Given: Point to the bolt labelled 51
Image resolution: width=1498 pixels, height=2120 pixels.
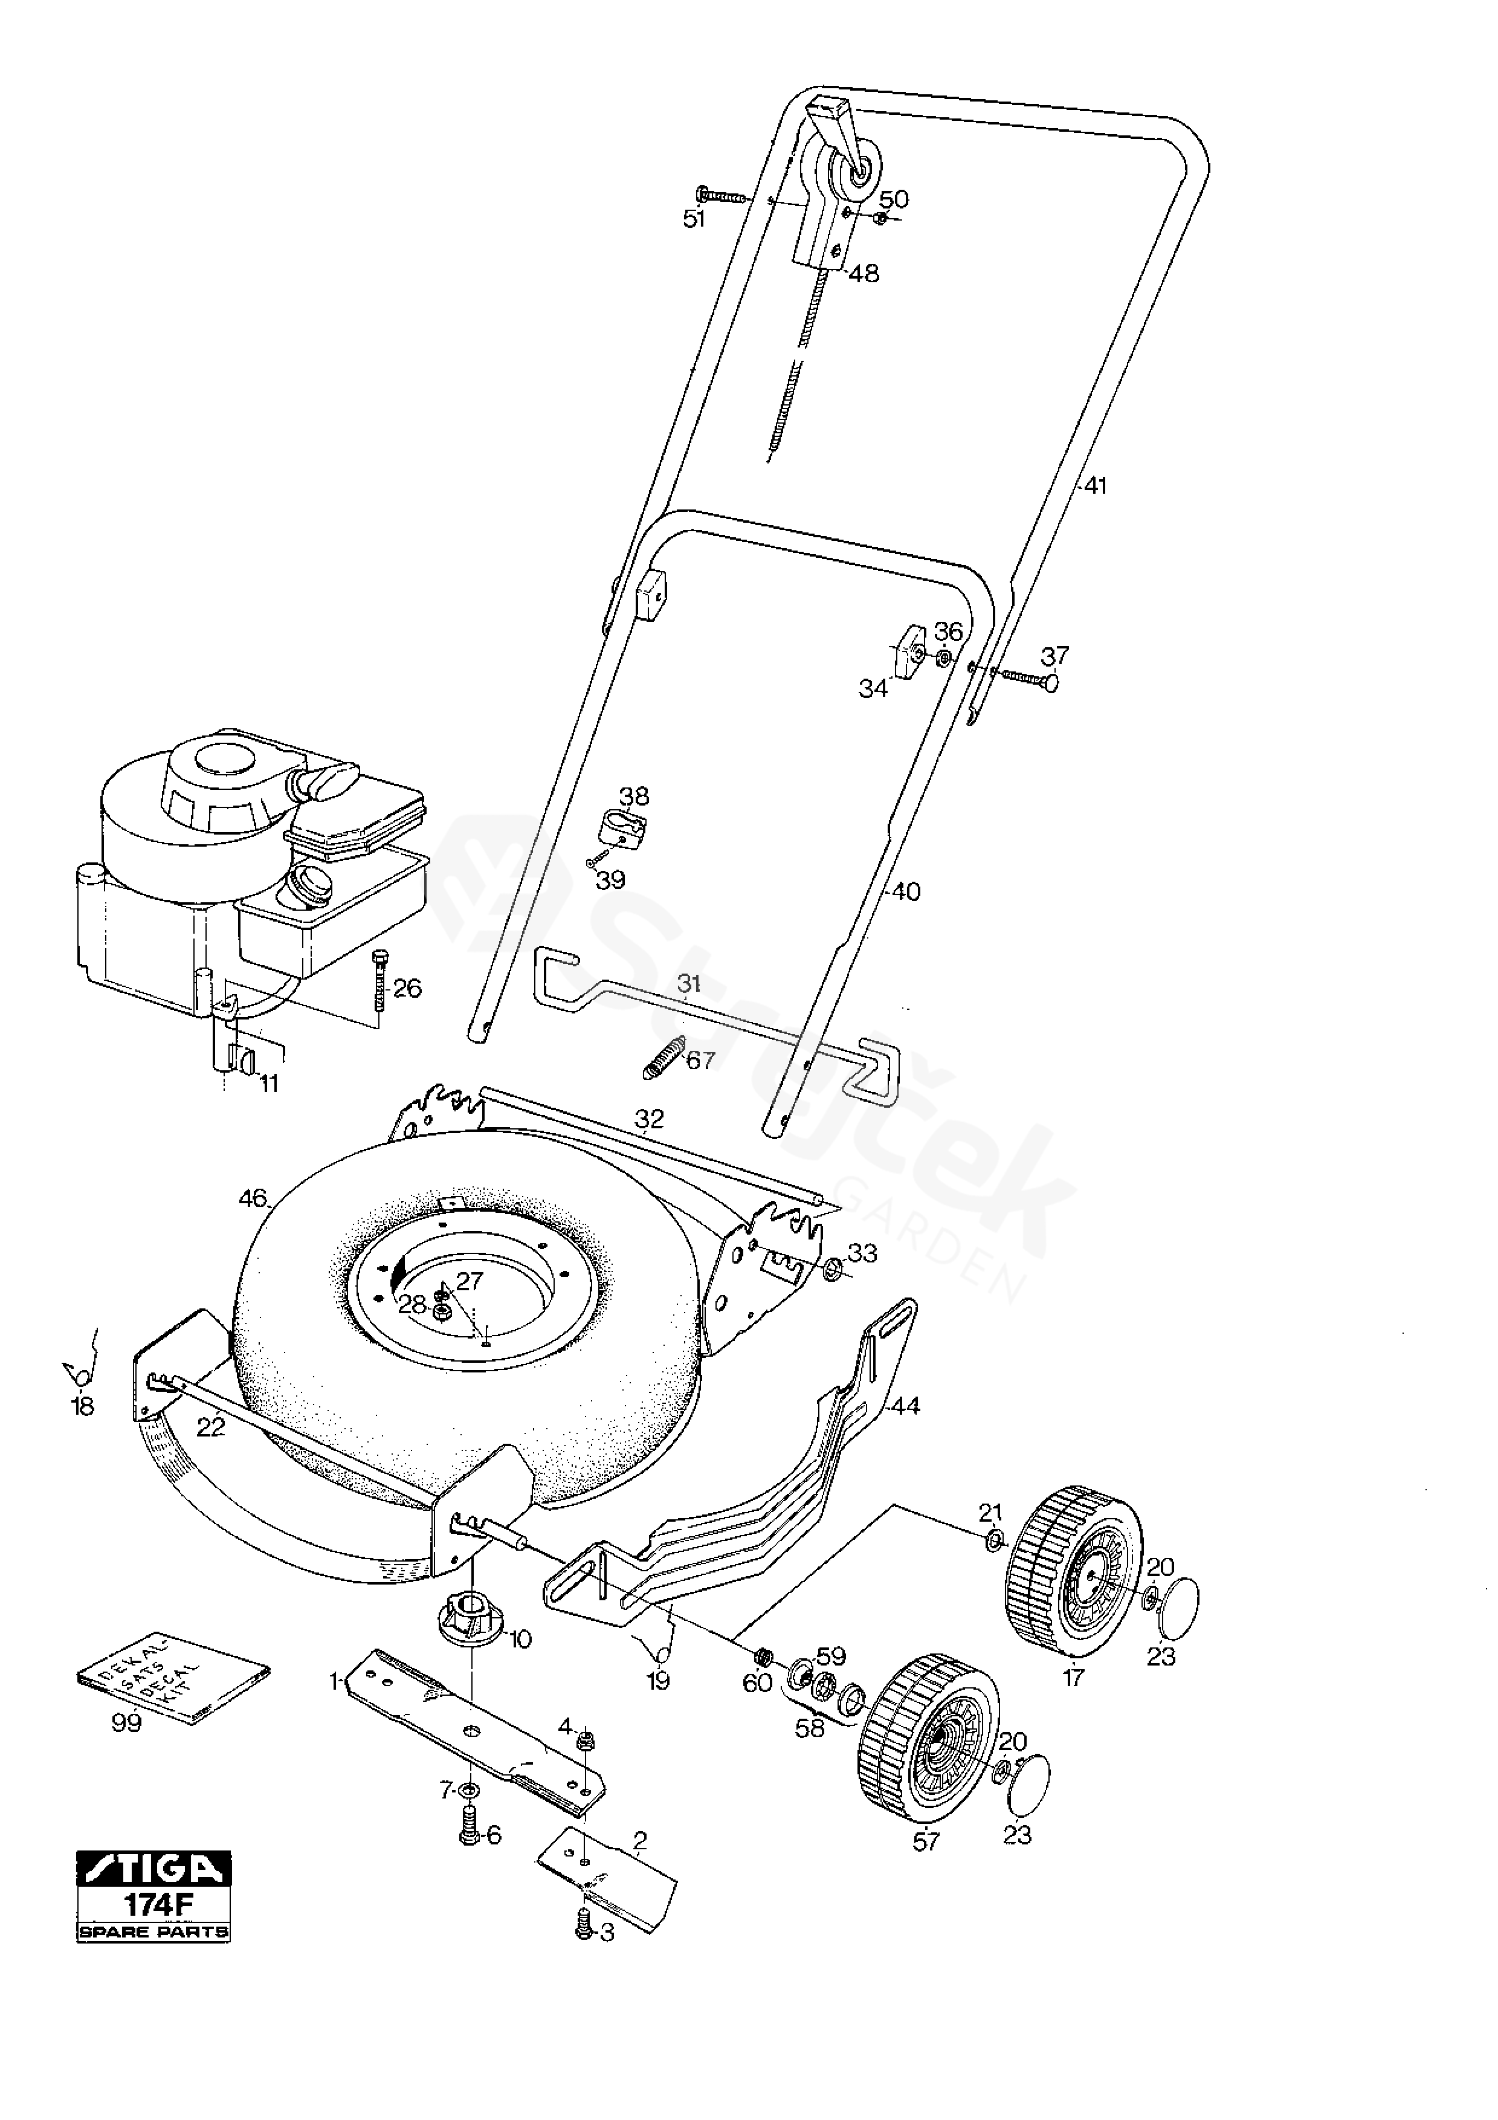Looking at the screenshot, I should (722, 196).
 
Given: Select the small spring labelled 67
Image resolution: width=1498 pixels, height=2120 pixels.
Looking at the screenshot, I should (661, 1058).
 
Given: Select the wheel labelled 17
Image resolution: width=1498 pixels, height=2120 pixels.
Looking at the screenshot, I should (1073, 1569).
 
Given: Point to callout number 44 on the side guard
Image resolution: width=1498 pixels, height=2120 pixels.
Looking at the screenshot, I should (906, 1406).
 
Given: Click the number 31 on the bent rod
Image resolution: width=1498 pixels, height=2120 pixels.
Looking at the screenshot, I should (688, 984).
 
